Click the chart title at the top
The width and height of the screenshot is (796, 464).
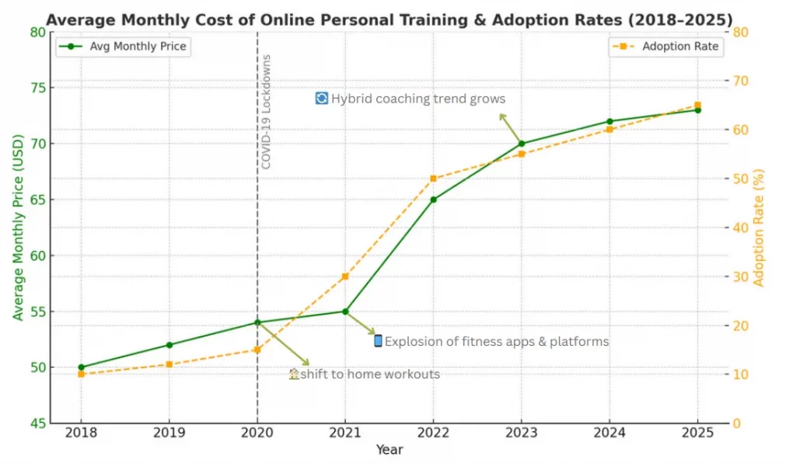click(x=389, y=19)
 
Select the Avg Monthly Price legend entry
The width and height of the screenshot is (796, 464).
click(x=124, y=47)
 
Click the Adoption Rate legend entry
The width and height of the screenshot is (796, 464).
click(x=667, y=47)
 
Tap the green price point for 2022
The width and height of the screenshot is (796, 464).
click(x=434, y=200)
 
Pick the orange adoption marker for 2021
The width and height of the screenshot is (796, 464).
click(x=345, y=277)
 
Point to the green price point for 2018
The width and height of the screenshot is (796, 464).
click(x=81, y=367)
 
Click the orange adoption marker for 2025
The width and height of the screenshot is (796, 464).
click(x=697, y=105)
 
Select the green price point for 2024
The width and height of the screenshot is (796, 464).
click(x=609, y=121)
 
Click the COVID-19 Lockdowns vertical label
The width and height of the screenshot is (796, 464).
click(x=266, y=112)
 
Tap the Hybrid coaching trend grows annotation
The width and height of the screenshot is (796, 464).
click(x=418, y=99)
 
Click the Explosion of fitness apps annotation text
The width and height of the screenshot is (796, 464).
click(x=497, y=341)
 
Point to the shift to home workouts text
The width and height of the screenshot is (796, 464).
click(x=370, y=375)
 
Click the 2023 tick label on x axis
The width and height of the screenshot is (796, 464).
click(x=522, y=432)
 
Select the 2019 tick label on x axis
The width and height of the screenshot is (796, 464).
click(x=169, y=432)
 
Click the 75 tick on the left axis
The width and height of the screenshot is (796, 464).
click(x=37, y=88)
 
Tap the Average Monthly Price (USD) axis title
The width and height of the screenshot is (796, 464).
click(x=17, y=228)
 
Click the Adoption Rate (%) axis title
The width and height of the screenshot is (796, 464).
click(x=759, y=228)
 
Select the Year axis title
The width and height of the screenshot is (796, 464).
click(x=389, y=450)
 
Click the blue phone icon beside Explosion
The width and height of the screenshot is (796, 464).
click(x=378, y=340)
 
